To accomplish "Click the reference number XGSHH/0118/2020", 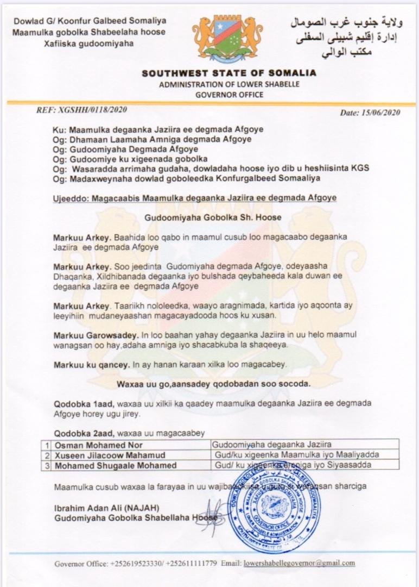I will point(81,110).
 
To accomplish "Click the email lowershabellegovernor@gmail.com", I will point(300,563).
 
